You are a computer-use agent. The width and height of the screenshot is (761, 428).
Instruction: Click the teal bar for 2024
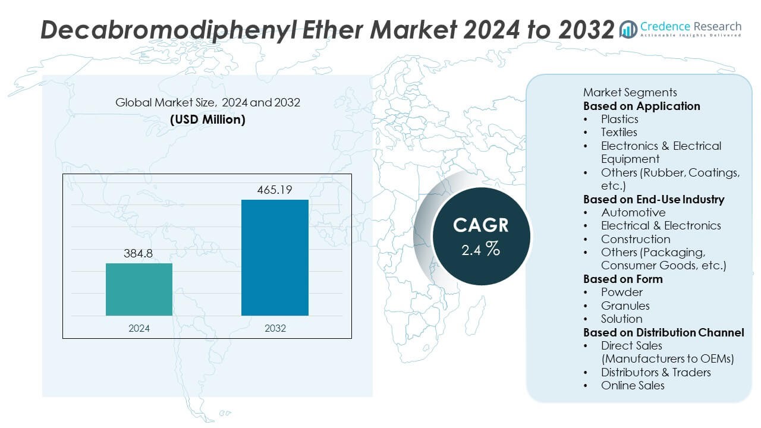pos(139,289)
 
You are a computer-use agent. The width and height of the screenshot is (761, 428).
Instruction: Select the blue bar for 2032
pos(275,257)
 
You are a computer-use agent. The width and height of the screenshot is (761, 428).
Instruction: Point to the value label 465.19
pos(275,190)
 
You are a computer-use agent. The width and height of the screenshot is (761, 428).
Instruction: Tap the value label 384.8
pos(139,254)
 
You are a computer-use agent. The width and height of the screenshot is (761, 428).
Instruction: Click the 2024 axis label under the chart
pos(139,328)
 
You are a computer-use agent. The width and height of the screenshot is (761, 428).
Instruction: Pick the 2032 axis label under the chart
pos(275,328)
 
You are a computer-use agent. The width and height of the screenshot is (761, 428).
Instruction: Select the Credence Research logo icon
pos(628,29)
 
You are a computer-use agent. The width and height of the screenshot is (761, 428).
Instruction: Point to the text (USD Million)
pos(207,119)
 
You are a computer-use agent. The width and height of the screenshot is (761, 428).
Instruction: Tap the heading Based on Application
pos(641,106)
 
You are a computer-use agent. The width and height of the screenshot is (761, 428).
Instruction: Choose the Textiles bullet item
pos(619,132)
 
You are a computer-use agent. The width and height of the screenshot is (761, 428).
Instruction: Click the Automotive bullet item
pos(633,212)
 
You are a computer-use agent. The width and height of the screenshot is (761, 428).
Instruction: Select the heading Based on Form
pos(622,279)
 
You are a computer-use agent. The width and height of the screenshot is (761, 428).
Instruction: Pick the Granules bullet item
pos(625,306)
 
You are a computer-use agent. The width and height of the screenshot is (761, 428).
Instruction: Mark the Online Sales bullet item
pos(633,385)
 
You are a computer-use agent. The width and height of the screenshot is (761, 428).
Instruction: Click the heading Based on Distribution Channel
pos(663,332)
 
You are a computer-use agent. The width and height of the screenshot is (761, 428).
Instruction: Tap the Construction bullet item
pos(636,239)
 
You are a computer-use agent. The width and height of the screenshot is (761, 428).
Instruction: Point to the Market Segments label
pos(630,92)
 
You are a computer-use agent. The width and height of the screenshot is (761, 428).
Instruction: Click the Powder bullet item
pos(621,292)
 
